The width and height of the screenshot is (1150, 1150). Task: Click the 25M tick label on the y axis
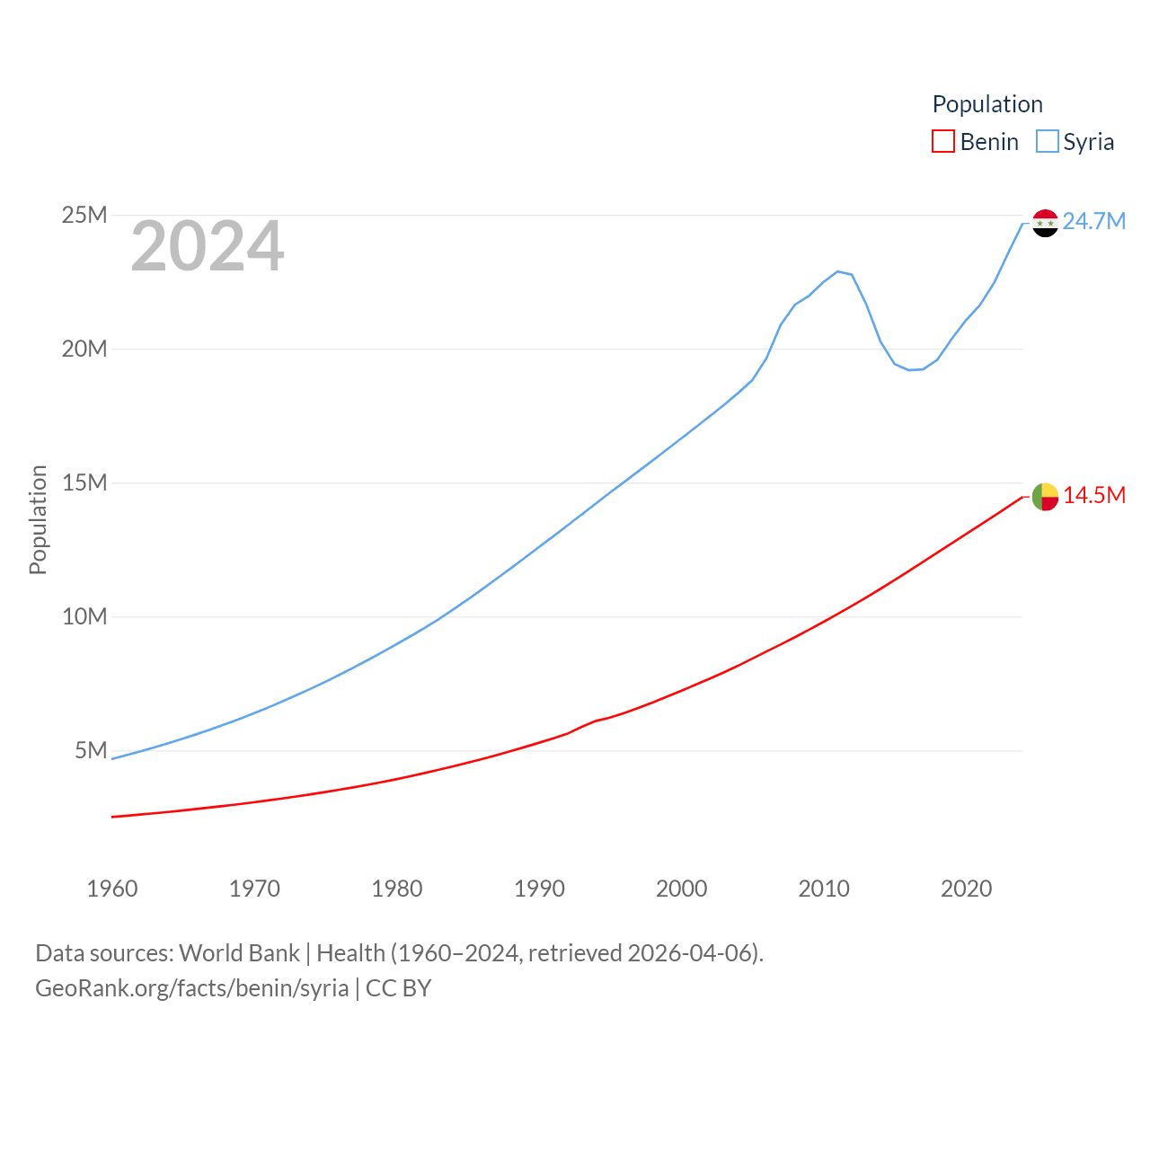84,216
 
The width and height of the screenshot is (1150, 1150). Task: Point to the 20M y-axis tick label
84,349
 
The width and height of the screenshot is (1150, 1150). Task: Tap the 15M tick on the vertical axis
84,482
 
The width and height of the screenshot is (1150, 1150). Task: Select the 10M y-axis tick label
84,616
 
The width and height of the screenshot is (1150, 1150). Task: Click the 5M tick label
91,750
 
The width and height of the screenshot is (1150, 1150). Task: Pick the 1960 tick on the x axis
112,889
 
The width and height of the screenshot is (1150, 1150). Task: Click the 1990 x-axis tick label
539,889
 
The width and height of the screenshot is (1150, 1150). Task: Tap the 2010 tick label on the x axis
824,889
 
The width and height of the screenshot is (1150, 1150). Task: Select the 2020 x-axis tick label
966,889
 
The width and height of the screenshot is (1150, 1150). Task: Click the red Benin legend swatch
943,142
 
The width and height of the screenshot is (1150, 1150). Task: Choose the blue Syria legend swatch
1048,142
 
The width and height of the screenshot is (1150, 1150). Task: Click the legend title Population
987,104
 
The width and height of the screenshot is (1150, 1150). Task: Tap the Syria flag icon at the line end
1045,223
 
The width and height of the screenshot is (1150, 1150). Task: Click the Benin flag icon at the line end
1045,496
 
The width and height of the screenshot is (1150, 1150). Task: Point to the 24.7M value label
1093,221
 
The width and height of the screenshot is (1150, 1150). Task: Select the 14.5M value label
1094,496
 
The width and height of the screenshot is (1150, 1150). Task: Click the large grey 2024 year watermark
208,246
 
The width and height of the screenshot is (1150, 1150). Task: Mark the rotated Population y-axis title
38,519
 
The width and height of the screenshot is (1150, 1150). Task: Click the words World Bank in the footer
239,952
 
